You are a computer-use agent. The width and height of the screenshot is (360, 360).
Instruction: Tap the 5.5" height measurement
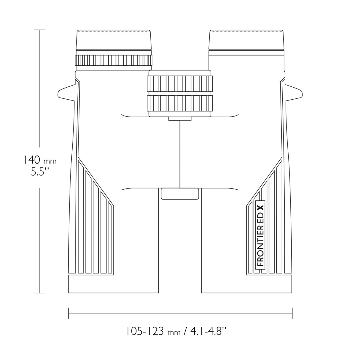point(40,172)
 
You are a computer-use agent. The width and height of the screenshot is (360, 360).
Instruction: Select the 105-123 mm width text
point(153,331)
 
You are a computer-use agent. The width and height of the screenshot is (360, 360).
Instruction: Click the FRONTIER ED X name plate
point(260,236)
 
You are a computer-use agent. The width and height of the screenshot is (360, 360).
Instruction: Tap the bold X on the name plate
point(260,208)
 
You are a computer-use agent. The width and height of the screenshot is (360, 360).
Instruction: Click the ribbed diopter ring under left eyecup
point(114,60)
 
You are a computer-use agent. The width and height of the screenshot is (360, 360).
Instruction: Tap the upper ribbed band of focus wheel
point(180,84)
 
